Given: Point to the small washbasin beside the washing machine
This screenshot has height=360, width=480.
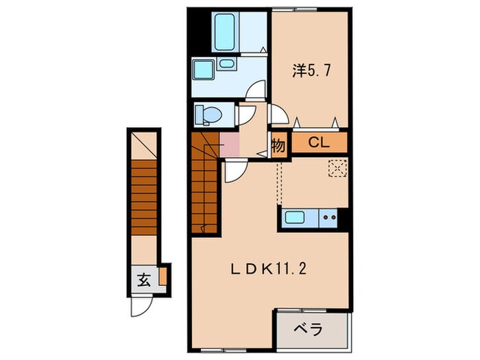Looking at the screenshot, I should [226, 64].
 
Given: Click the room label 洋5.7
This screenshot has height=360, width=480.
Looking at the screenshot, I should [309, 70].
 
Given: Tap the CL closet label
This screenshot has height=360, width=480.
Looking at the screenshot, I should [318, 143].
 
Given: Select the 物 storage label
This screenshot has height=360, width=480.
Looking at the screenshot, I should [278, 145].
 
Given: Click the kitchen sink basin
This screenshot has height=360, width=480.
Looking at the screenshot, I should [296, 219].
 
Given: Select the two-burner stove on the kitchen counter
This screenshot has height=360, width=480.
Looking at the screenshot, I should [329, 219].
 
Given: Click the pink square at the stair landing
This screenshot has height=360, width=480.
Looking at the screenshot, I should [229, 145].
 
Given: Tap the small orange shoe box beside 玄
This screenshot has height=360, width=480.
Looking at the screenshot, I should [163, 277].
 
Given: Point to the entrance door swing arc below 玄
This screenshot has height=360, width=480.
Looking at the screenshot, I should [137, 306].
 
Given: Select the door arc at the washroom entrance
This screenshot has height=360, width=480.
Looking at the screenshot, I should [256, 91].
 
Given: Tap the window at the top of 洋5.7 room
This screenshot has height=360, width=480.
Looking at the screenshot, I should [309, 9].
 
